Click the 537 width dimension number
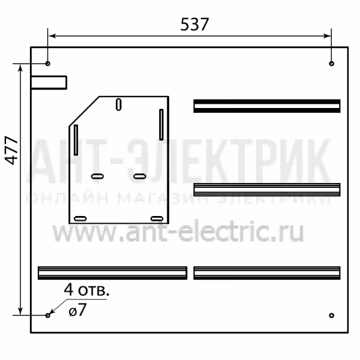click(x=194, y=25)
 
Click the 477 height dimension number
click(x=11, y=151)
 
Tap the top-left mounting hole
click(x=47, y=64)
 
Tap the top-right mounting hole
click(x=331, y=64)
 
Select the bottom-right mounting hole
click(x=331, y=316)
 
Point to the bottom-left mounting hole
click(x=47, y=316)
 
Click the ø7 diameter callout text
click(x=77, y=310)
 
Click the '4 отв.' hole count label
click(x=86, y=290)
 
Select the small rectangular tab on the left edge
click(x=49, y=82)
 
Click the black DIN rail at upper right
click(x=267, y=106)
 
